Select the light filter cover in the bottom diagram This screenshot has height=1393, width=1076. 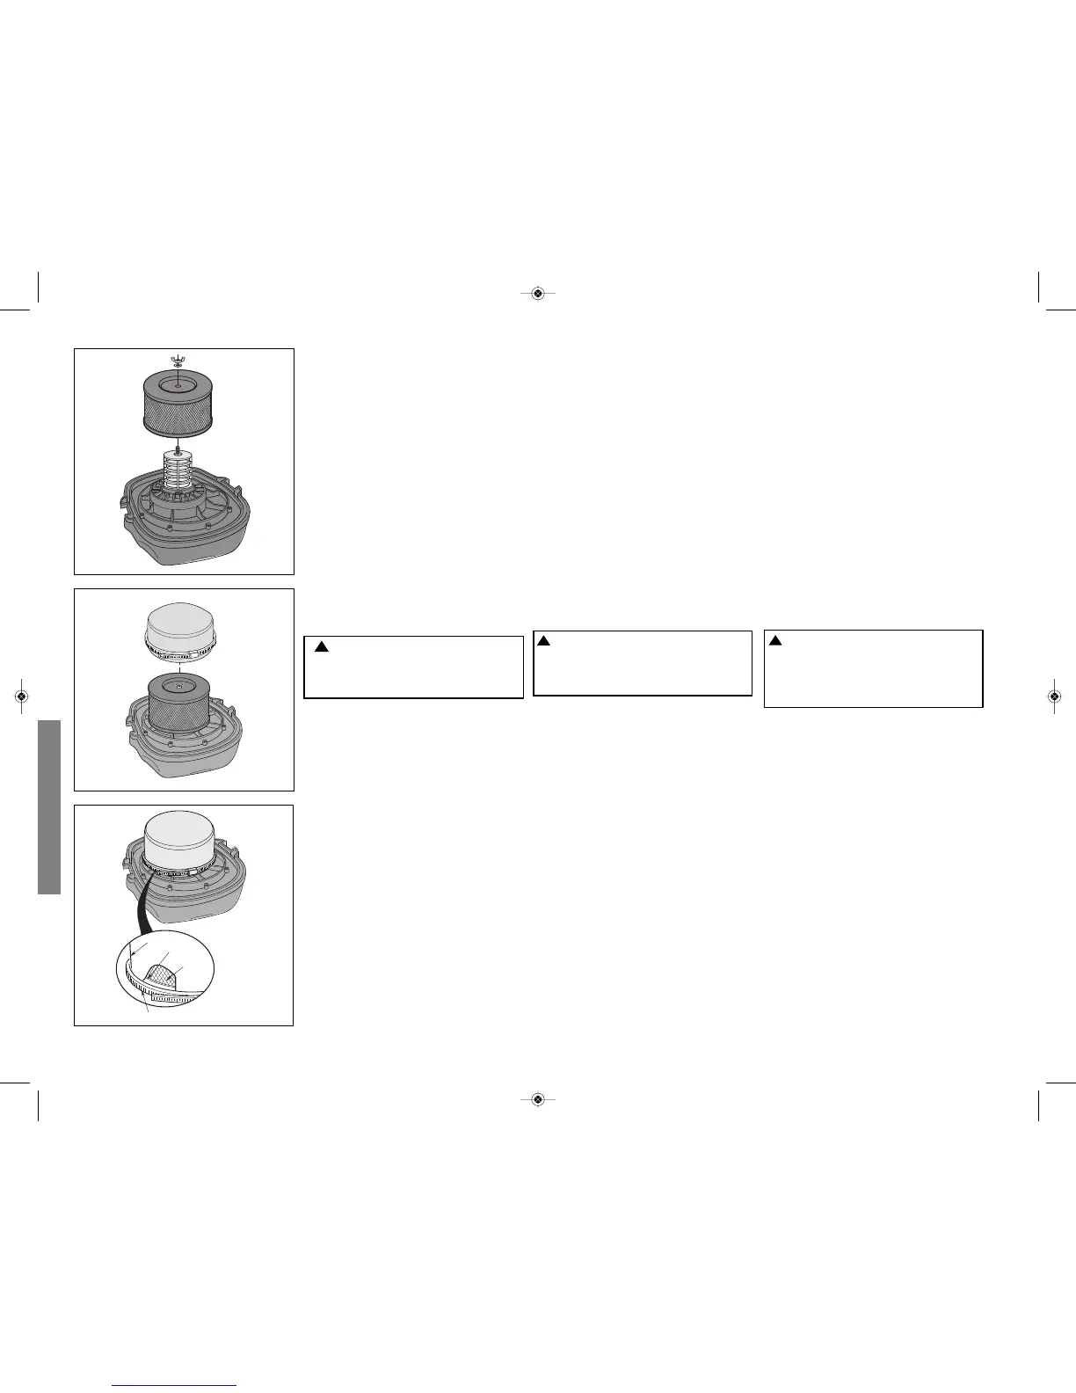pos(183,840)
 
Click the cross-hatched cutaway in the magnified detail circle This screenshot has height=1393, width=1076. pos(164,974)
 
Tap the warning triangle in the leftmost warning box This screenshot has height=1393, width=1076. pos(322,647)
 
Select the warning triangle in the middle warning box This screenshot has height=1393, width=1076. pos(543,640)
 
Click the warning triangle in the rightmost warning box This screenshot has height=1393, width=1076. pos(774,640)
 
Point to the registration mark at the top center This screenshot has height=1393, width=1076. pos(538,293)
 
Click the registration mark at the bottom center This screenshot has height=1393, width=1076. pos(538,1098)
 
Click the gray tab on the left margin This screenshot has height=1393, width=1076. pos(48,806)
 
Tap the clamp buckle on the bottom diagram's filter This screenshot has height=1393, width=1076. pos(185,871)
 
